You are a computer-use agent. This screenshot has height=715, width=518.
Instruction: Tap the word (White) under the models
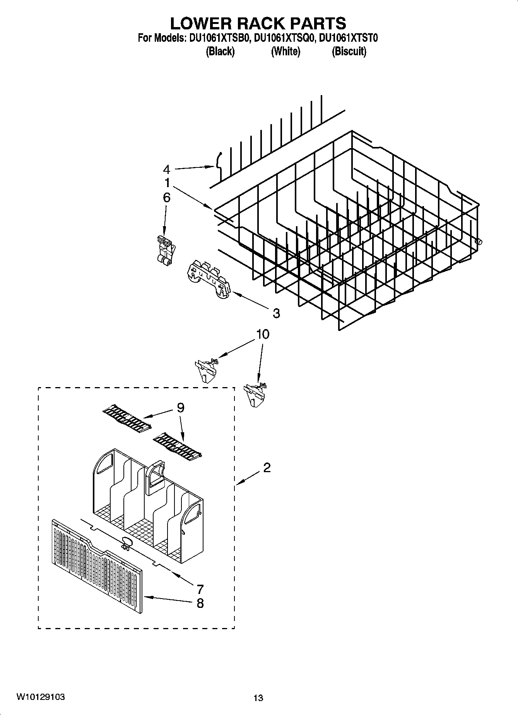click(285, 51)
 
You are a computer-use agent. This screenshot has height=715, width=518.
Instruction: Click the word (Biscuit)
click(349, 51)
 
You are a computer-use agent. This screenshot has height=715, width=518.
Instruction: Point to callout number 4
click(166, 169)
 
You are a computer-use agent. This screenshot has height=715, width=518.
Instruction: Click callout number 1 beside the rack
click(167, 183)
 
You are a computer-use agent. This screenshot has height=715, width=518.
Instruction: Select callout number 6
click(166, 198)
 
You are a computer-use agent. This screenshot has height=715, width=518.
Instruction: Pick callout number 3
click(276, 313)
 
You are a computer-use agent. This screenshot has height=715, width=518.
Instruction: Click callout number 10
click(263, 334)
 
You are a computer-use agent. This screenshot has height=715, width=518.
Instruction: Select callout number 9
click(180, 408)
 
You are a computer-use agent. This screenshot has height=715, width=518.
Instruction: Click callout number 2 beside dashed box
click(267, 468)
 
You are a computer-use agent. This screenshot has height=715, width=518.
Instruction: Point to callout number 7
click(200, 589)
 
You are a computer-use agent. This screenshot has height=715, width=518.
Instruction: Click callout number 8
click(200, 603)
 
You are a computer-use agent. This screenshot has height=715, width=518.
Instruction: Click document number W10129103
click(40, 697)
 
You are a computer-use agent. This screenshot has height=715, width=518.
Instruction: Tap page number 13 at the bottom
click(258, 698)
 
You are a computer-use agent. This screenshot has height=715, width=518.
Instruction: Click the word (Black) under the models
click(220, 51)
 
